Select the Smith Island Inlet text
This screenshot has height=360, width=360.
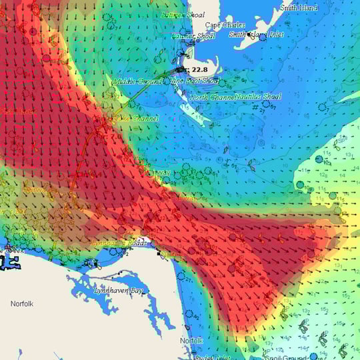click(x=257, y=34)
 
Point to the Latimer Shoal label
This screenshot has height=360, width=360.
click(x=193, y=35)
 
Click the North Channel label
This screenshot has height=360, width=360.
click(x=212, y=97)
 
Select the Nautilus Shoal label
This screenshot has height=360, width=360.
click(x=259, y=97)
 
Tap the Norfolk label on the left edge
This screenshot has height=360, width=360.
click(x=21, y=303)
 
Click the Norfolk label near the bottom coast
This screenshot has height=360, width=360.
click(x=191, y=341)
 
